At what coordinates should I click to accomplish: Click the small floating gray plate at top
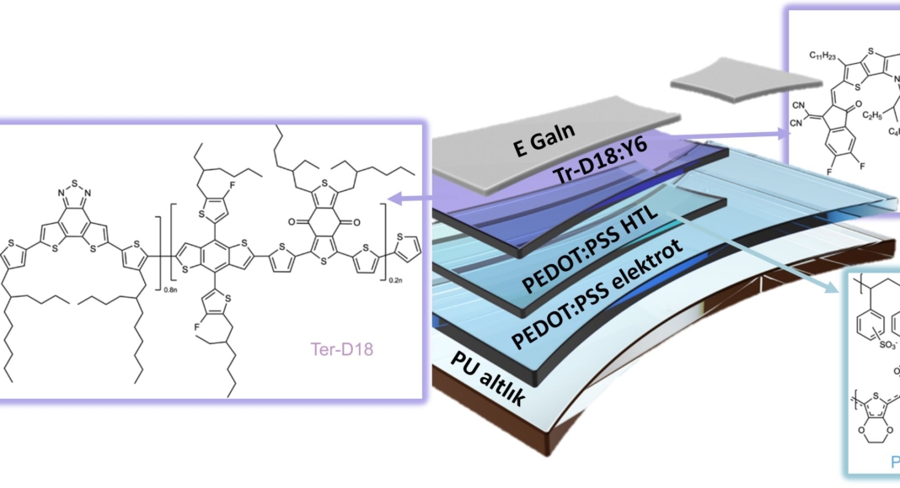pos(747,81)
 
